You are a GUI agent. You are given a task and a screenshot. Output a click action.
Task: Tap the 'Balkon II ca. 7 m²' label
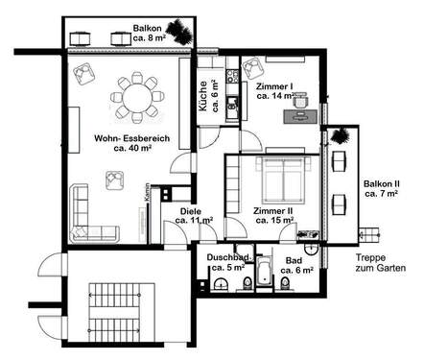click(382, 188)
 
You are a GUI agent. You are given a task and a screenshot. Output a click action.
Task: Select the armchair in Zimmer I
click(254, 69)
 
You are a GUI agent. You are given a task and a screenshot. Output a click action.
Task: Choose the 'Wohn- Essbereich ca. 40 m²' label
click(131, 145)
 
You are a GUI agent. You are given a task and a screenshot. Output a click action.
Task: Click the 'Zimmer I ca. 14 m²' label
click(275, 90)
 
